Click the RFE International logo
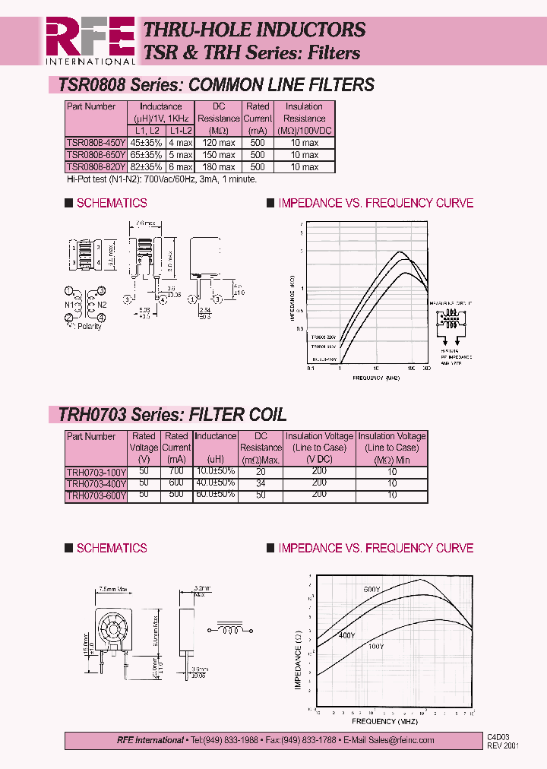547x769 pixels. click(90, 40)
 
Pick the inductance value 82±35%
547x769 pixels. click(147, 166)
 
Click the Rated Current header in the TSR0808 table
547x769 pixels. click(258, 112)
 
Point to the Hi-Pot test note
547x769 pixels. click(162, 179)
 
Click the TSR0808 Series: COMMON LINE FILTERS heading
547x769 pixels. click(217, 85)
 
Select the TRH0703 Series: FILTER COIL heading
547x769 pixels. click(172, 415)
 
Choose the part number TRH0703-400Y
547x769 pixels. click(96, 483)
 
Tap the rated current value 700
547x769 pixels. click(176, 471)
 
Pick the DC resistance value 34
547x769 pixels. click(261, 483)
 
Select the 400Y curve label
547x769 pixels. click(346, 635)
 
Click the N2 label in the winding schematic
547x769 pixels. click(101, 306)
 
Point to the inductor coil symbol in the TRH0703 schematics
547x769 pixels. click(229, 629)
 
